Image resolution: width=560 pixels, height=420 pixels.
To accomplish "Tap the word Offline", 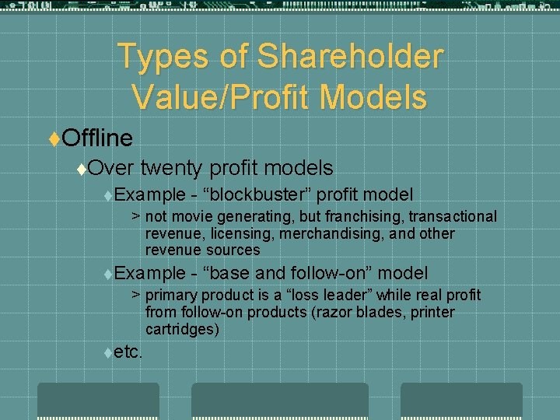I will point(97,138).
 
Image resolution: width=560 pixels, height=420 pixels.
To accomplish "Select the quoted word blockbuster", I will point(256,194).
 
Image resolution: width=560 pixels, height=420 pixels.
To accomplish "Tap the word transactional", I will point(453,216).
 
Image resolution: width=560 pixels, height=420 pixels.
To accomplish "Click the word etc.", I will point(128,352).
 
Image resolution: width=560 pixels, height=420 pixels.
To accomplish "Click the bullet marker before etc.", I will point(107,352).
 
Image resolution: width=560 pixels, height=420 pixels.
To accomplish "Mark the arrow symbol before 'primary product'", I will point(135,296).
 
